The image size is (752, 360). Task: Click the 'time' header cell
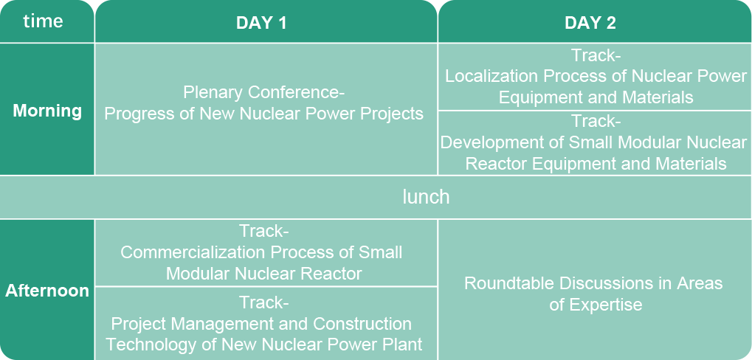tap(47, 21)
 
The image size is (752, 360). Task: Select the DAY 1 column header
tap(266, 21)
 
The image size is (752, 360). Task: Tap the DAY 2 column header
tap(595, 21)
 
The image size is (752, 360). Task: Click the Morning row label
tap(47, 109)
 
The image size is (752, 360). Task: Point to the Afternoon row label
tap(47, 289)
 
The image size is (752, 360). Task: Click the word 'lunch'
tap(426, 197)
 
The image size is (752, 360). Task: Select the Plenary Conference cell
tap(266, 109)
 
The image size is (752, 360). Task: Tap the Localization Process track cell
tap(595, 77)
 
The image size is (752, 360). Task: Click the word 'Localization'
tap(491, 76)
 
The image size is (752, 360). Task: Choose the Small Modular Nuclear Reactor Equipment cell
tap(595, 143)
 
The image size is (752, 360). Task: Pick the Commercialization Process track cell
tap(266, 252)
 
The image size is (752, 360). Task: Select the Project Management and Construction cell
tap(266, 324)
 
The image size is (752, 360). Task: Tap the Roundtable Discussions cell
tap(595, 289)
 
